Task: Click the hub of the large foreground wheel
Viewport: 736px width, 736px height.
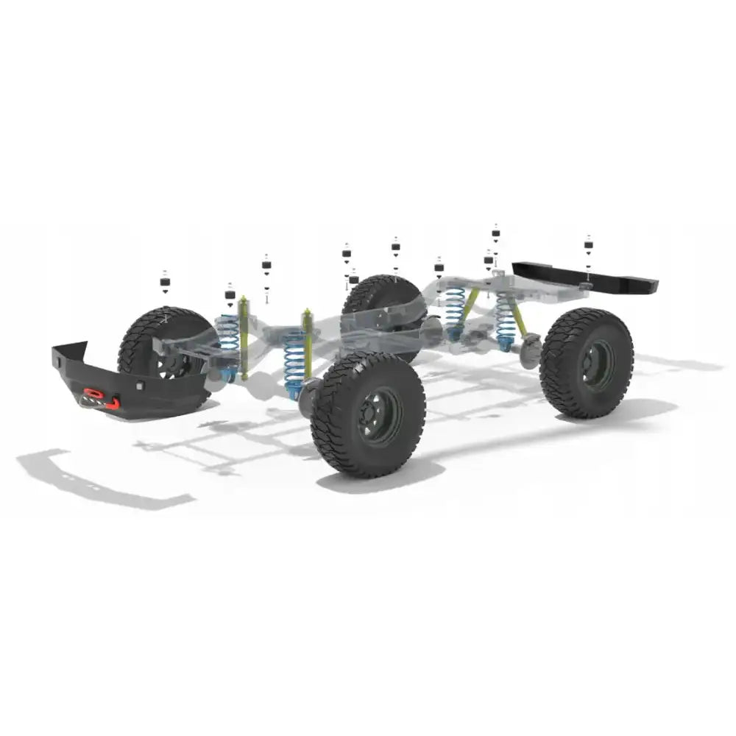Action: [x=381, y=415]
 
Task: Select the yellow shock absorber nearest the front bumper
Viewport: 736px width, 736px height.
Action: [x=244, y=335]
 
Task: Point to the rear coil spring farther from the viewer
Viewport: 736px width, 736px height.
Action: [x=454, y=309]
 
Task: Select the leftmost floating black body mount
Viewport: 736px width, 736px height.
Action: [x=164, y=282]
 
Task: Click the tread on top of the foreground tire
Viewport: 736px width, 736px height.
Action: [x=368, y=364]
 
